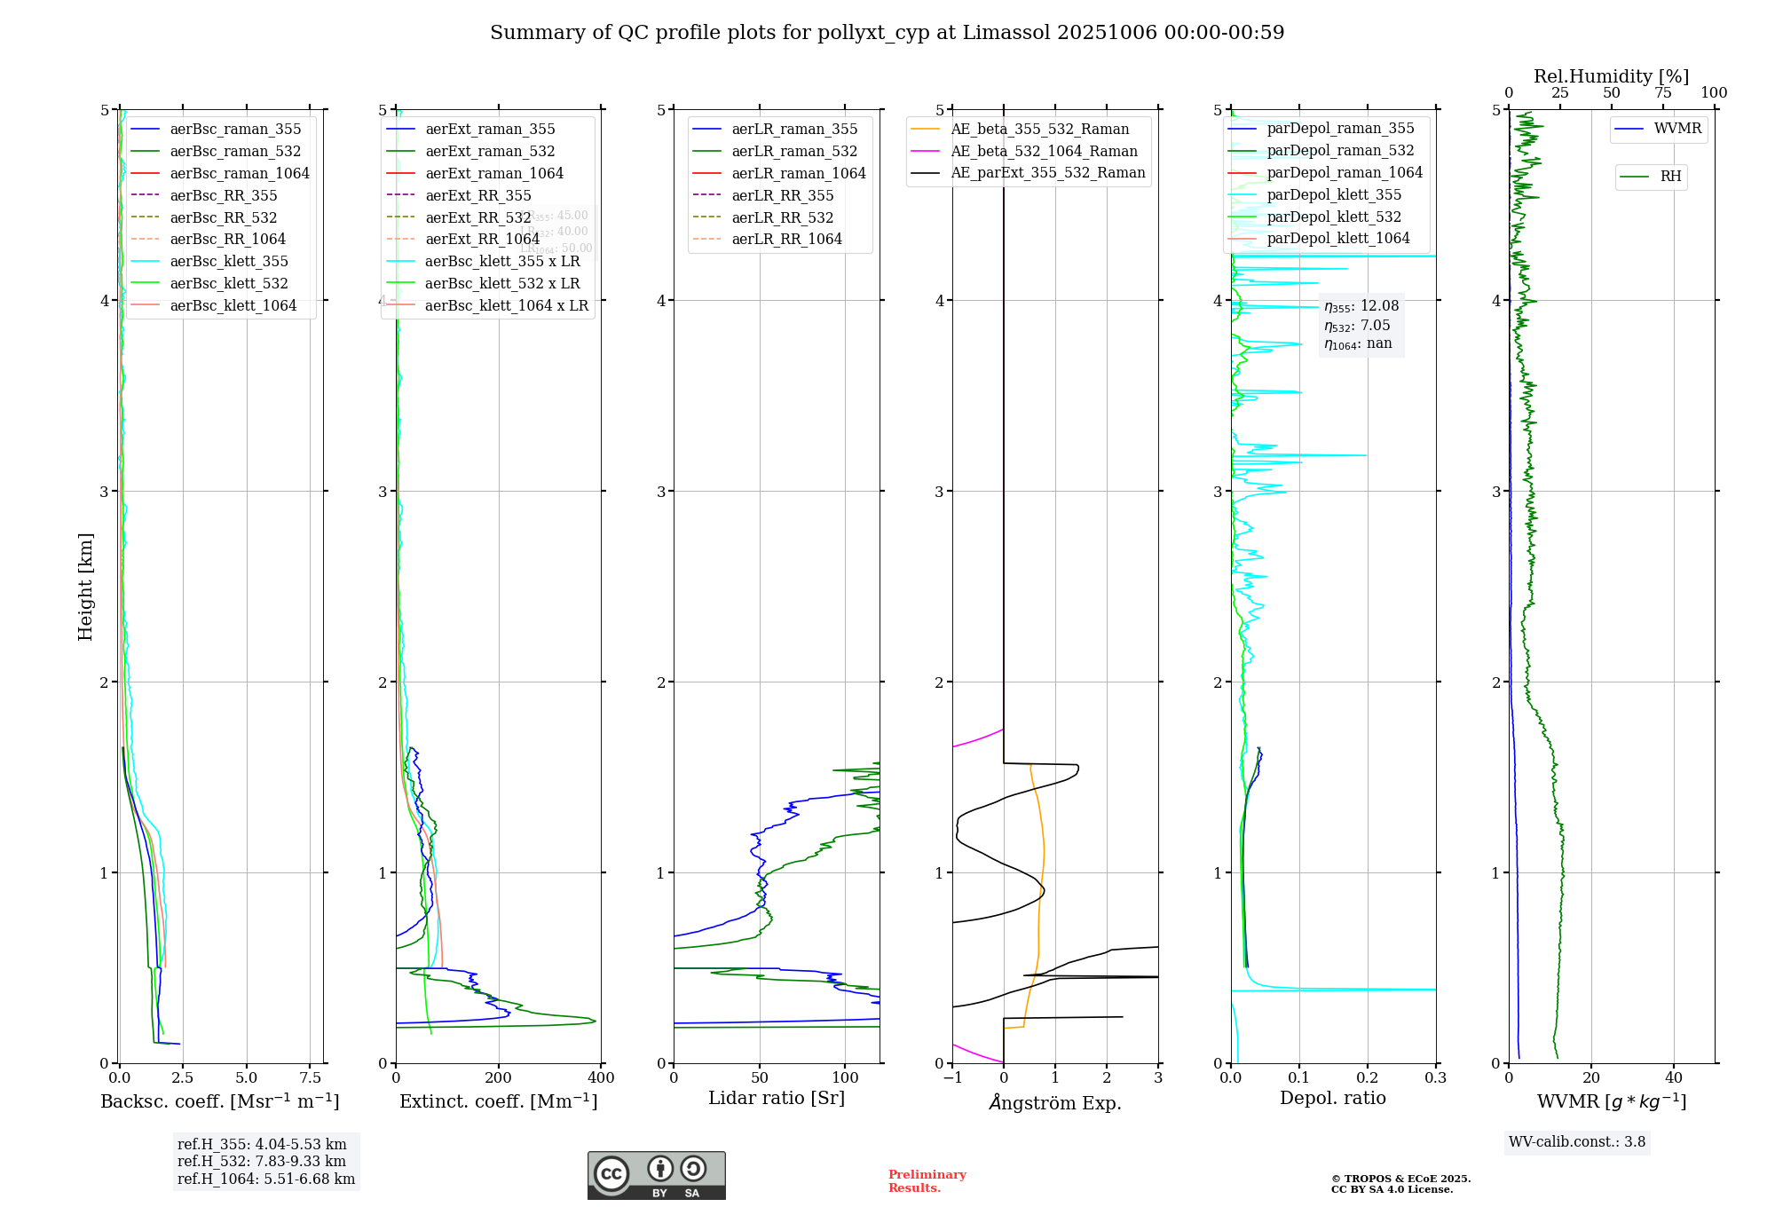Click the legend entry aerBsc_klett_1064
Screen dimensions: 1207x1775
point(233,305)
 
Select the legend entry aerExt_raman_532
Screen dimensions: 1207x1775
point(490,151)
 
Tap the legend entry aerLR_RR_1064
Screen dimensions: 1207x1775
point(786,239)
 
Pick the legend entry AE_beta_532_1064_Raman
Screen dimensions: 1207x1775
point(1044,151)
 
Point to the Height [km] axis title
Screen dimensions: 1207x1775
point(85,587)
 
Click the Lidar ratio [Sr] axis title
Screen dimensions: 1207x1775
point(777,1098)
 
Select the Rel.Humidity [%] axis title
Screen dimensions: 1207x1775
point(1611,76)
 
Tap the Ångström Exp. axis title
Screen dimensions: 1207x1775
point(1055,1102)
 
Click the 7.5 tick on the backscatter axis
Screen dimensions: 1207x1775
point(310,1078)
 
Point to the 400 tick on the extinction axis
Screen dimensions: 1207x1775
point(602,1078)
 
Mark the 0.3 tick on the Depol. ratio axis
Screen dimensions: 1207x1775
point(1435,1078)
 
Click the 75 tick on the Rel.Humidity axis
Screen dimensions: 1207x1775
point(1662,93)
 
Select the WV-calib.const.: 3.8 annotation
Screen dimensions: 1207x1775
point(1577,1142)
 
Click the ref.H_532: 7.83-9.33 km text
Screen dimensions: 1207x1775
point(262,1161)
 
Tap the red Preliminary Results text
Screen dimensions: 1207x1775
point(927,1180)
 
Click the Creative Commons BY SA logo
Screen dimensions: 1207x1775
point(656,1176)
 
